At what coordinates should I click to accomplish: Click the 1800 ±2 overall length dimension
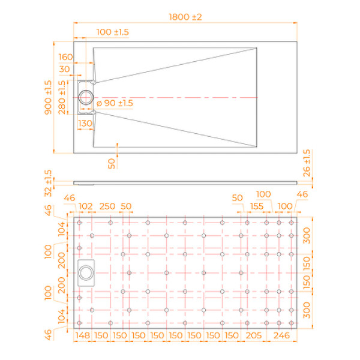coord(184,17)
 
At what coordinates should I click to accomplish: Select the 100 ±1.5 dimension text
coord(113,31)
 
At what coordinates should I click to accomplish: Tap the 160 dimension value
coord(66,57)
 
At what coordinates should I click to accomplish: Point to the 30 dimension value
coord(66,70)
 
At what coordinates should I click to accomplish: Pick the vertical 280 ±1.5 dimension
coord(62,97)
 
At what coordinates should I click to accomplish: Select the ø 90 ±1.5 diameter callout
coord(115,103)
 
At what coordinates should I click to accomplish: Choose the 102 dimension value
coord(86,206)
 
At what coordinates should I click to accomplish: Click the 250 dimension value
coord(107,206)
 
